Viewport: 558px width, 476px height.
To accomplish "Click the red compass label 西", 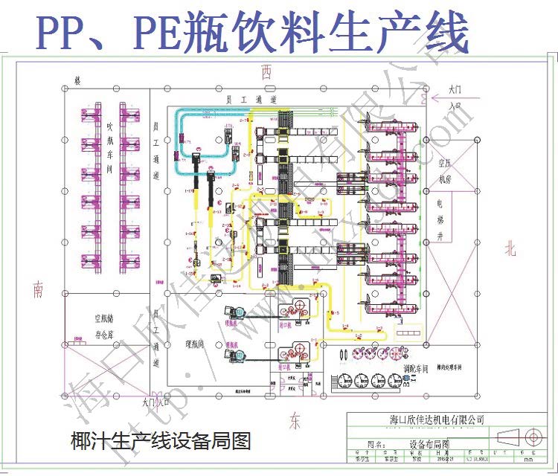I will pyautogui.click(x=266, y=71).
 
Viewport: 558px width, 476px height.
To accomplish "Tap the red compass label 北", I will pyautogui.click(x=510, y=248).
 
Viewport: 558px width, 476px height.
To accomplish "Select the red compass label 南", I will pyautogui.click(x=38, y=290).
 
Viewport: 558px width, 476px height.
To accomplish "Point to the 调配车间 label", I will pyautogui.click(x=415, y=367).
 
